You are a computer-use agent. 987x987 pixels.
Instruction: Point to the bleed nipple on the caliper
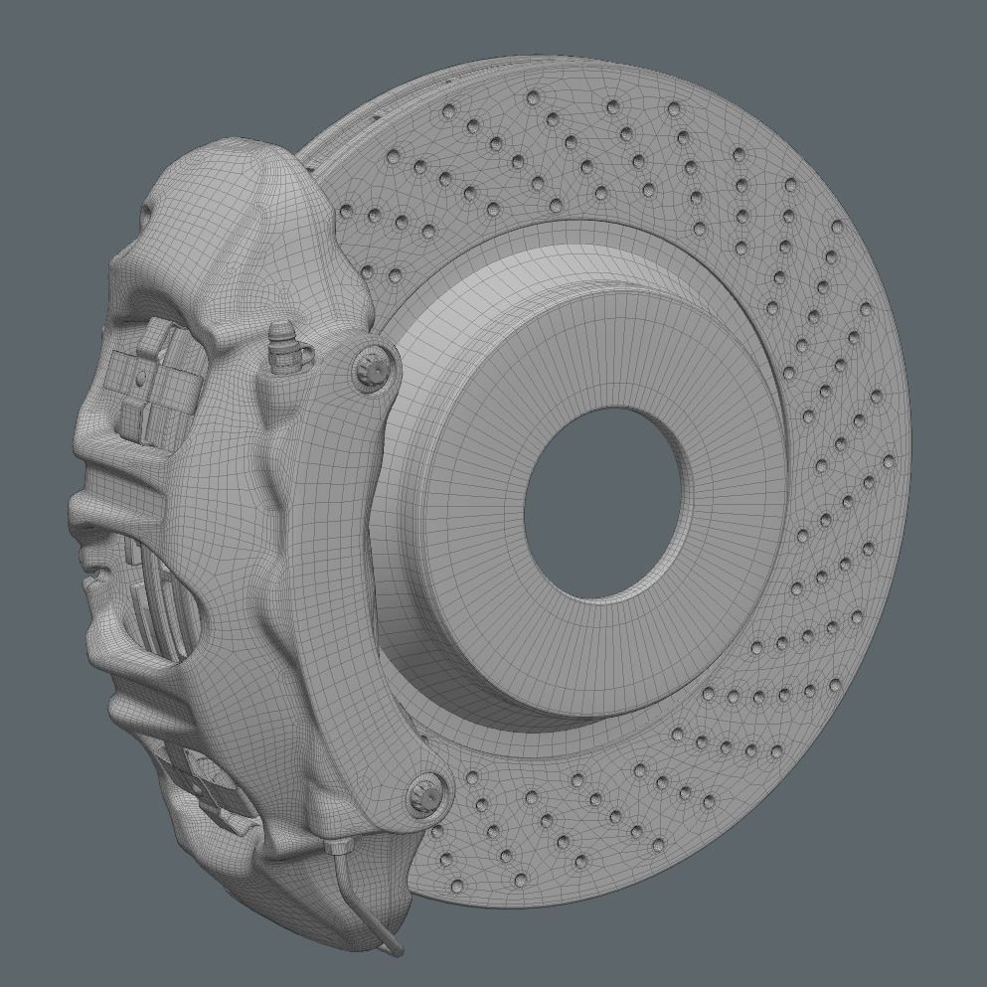(281, 343)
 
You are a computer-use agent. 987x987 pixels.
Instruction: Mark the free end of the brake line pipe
(397, 950)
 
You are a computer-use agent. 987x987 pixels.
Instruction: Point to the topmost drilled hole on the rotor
(533, 97)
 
